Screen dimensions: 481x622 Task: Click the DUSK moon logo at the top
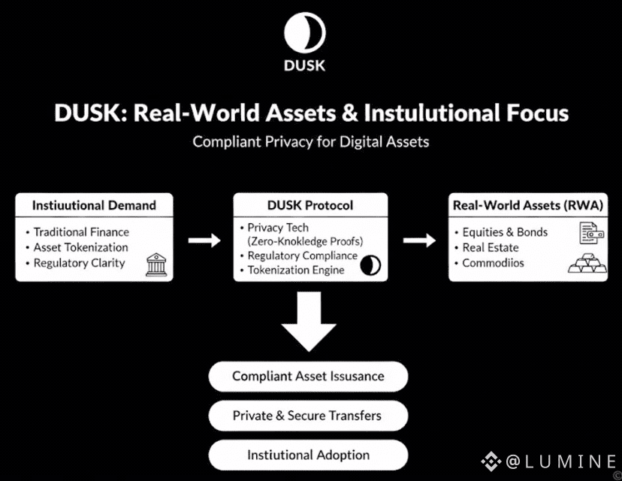click(305, 32)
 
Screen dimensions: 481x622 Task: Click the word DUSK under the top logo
click(305, 65)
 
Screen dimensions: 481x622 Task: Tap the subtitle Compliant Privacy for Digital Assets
click(310, 141)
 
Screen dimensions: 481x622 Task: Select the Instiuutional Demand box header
click(94, 205)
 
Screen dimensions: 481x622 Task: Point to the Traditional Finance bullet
click(81, 232)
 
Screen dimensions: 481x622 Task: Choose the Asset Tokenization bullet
click(80, 247)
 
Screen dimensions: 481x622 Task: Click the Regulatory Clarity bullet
click(79, 263)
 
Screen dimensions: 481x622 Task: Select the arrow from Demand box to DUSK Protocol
click(204, 240)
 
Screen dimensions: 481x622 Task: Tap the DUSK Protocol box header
click(310, 205)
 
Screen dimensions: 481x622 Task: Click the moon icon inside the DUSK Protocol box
click(370, 265)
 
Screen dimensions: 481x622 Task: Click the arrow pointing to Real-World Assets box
click(419, 240)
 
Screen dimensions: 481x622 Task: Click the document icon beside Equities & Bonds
click(590, 234)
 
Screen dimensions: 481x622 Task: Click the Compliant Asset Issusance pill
click(308, 377)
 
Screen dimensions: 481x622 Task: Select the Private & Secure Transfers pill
click(308, 416)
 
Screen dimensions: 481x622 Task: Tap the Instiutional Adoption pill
click(308, 455)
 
